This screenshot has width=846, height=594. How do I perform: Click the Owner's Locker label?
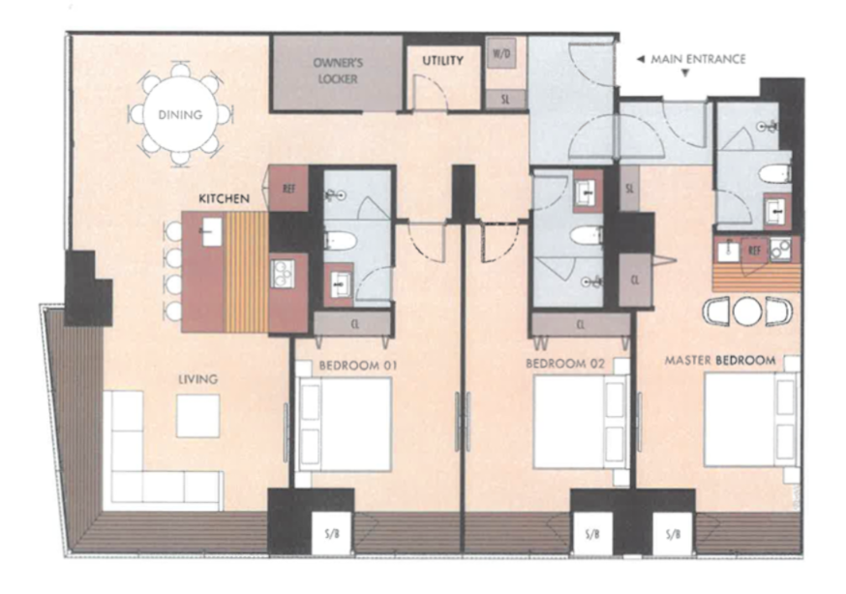click(x=338, y=71)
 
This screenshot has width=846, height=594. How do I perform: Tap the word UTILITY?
click(x=442, y=60)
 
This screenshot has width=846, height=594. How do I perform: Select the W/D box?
click(x=501, y=53)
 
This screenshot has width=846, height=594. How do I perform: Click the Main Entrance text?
click(x=698, y=59)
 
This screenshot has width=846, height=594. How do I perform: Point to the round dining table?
click(x=180, y=114)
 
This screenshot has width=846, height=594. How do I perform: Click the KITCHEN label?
click(x=224, y=198)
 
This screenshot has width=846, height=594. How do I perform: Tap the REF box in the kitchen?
click(x=288, y=188)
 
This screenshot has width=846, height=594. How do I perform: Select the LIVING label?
click(x=198, y=379)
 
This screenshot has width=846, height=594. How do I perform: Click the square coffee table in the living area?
click(x=198, y=416)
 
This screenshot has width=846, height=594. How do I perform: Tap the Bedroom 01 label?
click(x=358, y=366)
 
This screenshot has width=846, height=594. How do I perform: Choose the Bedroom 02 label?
click(x=565, y=364)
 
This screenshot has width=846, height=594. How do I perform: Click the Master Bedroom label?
click(x=720, y=360)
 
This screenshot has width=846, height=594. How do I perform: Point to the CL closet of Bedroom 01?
click(x=353, y=324)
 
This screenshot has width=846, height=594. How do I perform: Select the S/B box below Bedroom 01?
click(x=332, y=533)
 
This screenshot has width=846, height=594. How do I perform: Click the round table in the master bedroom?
click(x=747, y=311)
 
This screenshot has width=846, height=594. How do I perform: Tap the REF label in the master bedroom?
click(x=754, y=251)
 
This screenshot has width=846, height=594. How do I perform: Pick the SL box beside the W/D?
click(x=505, y=100)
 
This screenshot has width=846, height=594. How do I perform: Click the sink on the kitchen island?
click(x=211, y=232)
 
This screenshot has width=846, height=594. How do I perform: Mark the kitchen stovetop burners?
click(x=283, y=274)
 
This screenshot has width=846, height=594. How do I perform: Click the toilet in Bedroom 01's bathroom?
click(x=341, y=240)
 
